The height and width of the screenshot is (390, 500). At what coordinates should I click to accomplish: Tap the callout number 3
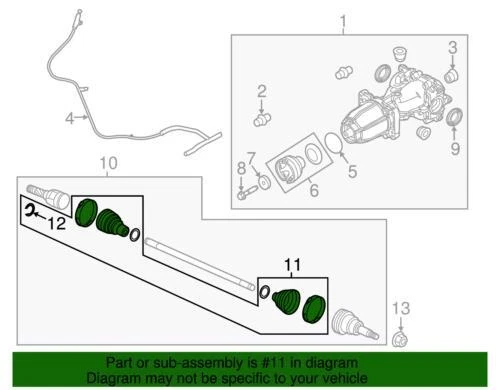[x=452, y=48]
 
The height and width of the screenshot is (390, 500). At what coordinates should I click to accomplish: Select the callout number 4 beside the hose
[x=69, y=118]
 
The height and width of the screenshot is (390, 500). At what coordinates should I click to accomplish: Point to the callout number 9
[x=455, y=148]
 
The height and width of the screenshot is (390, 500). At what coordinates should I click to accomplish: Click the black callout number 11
[x=293, y=265]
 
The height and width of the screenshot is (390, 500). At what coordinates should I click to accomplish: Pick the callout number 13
[x=401, y=308]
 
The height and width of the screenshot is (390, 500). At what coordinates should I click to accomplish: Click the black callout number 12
[x=57, y=223]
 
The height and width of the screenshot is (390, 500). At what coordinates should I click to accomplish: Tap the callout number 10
[x=109, y=163]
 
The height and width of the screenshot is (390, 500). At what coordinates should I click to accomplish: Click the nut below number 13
[x=400, y=339]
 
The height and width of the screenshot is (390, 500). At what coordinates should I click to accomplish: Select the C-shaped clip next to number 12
[x=30, y=210]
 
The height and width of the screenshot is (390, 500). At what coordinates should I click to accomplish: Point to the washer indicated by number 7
[x=265, y=182]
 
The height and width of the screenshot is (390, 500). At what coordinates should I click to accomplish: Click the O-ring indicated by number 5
[x=334, y=143]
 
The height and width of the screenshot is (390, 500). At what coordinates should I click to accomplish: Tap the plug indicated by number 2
[x=262, y=119]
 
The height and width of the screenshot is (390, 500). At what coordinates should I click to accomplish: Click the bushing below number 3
[x=452, y=76]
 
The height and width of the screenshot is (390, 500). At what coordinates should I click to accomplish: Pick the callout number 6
[x=314, y=190]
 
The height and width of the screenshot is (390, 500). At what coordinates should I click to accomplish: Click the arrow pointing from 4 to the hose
[x=82, y=117]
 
